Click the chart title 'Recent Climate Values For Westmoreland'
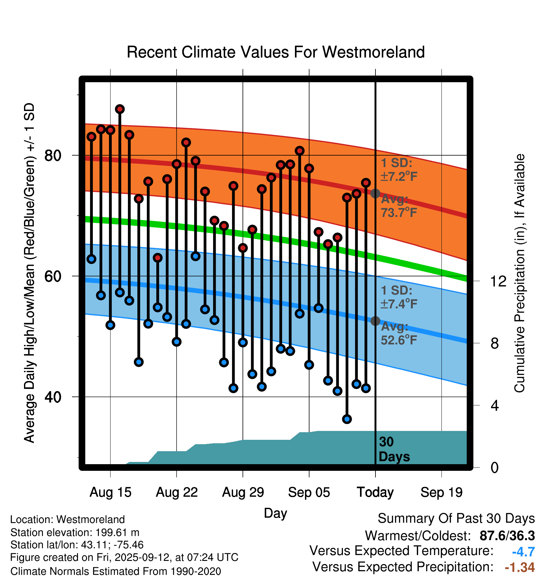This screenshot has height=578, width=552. click(275, 52)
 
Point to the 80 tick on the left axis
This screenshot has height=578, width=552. click(53, 155)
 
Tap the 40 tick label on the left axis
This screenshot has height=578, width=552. click(53, 397)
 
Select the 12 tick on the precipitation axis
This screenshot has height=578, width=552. click(498, 281)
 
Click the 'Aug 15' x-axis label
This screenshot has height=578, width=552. click(110, 492)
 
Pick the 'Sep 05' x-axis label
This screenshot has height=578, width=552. click(309, 492)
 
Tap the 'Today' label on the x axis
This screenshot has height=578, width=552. click(375, 492)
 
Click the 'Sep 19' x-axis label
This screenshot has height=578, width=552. click(441, 492)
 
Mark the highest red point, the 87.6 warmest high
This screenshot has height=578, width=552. click(120, 109)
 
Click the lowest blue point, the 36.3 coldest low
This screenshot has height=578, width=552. click(347, 419)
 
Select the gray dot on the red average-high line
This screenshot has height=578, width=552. click(375, 193)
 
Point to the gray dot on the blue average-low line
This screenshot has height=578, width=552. click(375, 321)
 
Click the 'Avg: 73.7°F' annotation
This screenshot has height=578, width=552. click(399, 206)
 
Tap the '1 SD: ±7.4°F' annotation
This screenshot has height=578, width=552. click(399, 297)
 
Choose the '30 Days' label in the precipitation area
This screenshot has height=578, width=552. click(394, 449)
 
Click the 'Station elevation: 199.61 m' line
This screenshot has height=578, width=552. click(75, 532)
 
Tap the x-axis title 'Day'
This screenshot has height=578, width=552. click(275, 513)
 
